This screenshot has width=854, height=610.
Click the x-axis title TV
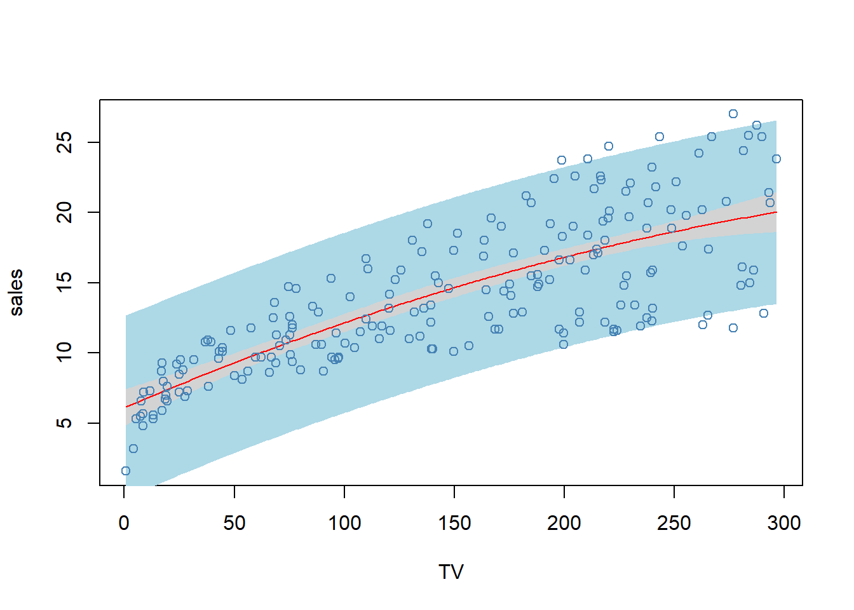click(451, 572)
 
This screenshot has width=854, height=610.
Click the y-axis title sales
click(17, 292)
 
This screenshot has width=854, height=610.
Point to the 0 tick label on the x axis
click(124, 523)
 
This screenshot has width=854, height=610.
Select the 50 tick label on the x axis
click(234, 523)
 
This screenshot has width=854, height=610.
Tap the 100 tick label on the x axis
click(344, 523)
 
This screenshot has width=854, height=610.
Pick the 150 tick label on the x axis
click(454, 523)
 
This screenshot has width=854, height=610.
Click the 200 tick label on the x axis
click(564, 523)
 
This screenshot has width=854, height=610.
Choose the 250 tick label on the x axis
click(674, 523)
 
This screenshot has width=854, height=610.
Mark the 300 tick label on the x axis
click(784, 523)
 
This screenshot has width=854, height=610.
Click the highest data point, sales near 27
click(733, 114)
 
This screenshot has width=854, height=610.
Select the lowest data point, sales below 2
click(126, 471)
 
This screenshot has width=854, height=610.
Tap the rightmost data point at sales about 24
click(776, 159)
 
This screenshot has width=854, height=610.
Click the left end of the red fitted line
click(126, 407)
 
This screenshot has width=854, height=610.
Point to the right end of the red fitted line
click(776, 212)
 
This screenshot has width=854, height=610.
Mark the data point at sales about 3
click(133, 449)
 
